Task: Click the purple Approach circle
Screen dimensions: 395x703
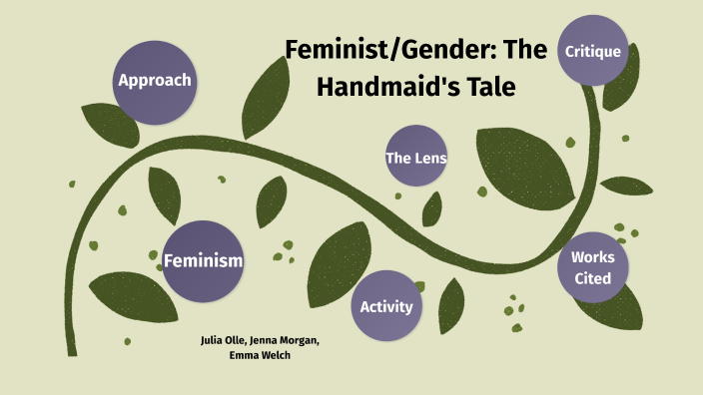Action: pos(154,80)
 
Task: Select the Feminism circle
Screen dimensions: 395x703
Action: pos(203,260)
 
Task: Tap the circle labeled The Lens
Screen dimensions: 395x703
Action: pos(415,157)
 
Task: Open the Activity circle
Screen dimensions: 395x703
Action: pos(386,306)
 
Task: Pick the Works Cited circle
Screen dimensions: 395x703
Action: pos(592,267)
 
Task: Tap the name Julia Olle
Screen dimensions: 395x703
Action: pos(224,340)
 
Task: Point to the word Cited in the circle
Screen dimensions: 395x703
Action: pos(592,278)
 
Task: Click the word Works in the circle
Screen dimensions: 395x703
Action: pos(592,256)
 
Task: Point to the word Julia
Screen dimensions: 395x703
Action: pos(212,340)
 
